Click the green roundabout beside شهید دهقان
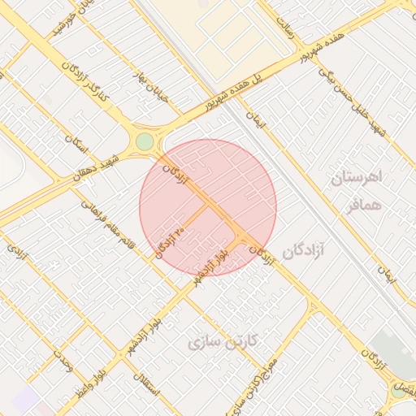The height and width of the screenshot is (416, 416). (x=145, y=142)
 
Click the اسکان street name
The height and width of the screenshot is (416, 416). (x=76, y=144)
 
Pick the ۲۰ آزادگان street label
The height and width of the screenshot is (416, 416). (x=167, y=240)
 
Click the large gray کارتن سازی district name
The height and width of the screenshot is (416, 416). (x=221, y=341)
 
